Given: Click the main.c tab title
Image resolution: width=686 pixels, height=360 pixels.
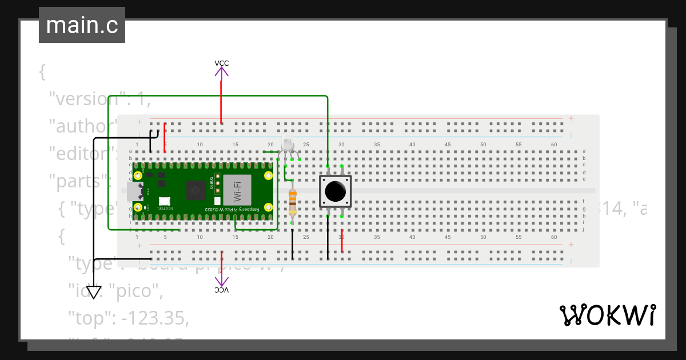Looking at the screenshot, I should (82, 25).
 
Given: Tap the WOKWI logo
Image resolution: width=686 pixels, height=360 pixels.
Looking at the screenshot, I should (607, 315).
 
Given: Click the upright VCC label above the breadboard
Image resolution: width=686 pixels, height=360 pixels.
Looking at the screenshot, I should (221, 63).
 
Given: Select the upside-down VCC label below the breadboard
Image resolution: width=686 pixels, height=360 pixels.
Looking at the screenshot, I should (221, 290).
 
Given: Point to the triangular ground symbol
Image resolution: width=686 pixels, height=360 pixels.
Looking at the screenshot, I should (94, 292).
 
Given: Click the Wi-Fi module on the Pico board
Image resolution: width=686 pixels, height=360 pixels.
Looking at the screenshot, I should (237, 190).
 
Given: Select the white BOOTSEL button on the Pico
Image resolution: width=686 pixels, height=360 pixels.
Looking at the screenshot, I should (165, 201).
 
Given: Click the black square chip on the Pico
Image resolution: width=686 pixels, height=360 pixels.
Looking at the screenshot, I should (196, 190).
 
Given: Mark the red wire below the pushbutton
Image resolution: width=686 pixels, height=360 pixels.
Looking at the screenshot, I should (342, 241).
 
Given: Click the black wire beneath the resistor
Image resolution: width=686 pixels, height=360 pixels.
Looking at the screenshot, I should (293, 245).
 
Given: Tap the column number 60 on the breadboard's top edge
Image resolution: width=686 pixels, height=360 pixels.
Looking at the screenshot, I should (554, 145).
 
